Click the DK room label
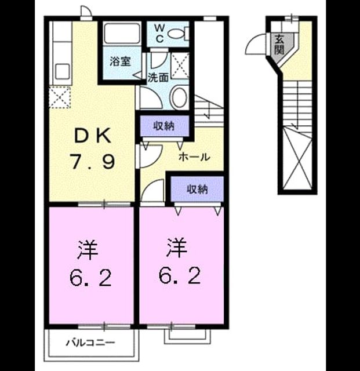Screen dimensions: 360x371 pyautogui.click(x=93, y=136)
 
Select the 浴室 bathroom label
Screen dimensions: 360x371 pyautogui.click(x=120, y=61)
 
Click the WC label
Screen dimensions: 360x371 pyautogui.click(x=160, y=34)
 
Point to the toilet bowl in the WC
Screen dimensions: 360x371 pyautogui.click(x=177, y=33)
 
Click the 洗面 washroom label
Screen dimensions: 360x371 pyautogui.click(x=158, y=78)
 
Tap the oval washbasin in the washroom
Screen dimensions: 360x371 pyautogui.click(x=179, y=98)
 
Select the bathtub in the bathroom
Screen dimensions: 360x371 pyautogui.click(x=122, y=34)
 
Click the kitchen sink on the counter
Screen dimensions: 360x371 pyautogui.click(x=63, y=72)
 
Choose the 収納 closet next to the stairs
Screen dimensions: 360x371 pyautogui.click(x=164, y=126)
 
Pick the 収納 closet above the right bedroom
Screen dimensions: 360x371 pyautogui.click(x=197, y=189)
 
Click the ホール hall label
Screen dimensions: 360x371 pyautogui.click(x=194, y=157)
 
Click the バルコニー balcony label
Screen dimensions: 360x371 pyautogui.click(x=90, y=343)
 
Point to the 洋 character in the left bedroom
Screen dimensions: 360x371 pyautogui.click(x=88, y=250)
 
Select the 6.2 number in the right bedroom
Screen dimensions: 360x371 pyautogui.click(x=180, y=276)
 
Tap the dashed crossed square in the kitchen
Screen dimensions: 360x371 pyautogui.click(x=60, y=97)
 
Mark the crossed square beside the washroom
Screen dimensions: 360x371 pyautogui.click(x=180, y=66)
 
